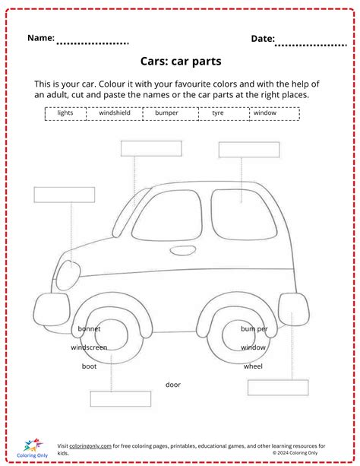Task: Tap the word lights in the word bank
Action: coord(65,113)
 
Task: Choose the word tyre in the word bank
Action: coord(218,113)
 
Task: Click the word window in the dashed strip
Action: coord(265,113)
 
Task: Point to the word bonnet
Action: coord(89,329)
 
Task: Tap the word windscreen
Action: coord(89,347)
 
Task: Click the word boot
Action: coord(89,366)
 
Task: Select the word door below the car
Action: coord(173,385)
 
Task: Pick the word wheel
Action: coord(253,366)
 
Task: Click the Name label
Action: coord(41,37)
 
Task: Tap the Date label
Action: coord(263,38)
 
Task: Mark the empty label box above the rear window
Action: coord(249,150)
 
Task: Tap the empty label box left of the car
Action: coord(54,195)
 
